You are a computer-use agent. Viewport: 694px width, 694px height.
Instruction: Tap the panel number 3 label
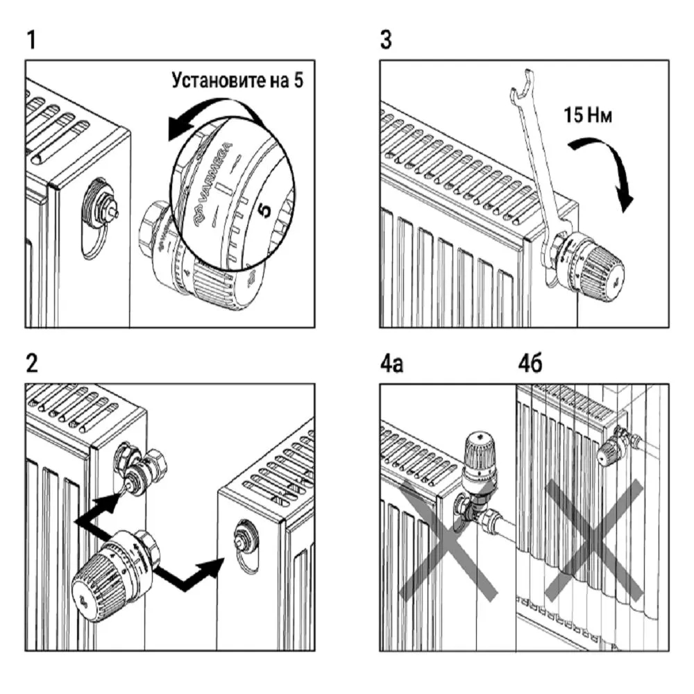coord(386,41)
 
